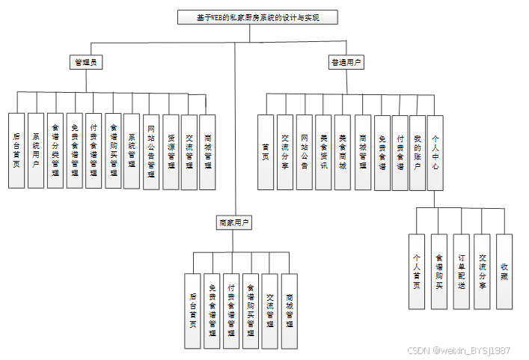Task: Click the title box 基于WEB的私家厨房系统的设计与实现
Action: click(x=258, y=17)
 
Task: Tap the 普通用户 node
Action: click(x=346, y=63)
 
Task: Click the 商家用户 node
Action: click(x=233, y=222)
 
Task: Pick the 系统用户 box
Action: click(x=36, y=150)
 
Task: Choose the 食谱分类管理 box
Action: click(x=55, y=150)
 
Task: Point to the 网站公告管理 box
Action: click(x=151, y=150)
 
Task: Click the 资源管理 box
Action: click(x=171, y=150)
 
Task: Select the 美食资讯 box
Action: click(x=323, y=152)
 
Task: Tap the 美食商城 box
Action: click(x=343, y=152)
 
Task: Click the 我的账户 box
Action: click(x=418, y=152)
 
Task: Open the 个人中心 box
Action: click(x=436, y=152)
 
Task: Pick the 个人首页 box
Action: click(x=418, y=271)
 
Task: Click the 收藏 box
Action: click(x=504, y=271)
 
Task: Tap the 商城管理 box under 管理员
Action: click(x=208, y=150)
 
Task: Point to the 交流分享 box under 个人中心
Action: click(x=483, y=271)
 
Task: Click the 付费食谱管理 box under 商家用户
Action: click(x=232, y=311)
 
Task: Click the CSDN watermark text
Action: click(x=459, y=350)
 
